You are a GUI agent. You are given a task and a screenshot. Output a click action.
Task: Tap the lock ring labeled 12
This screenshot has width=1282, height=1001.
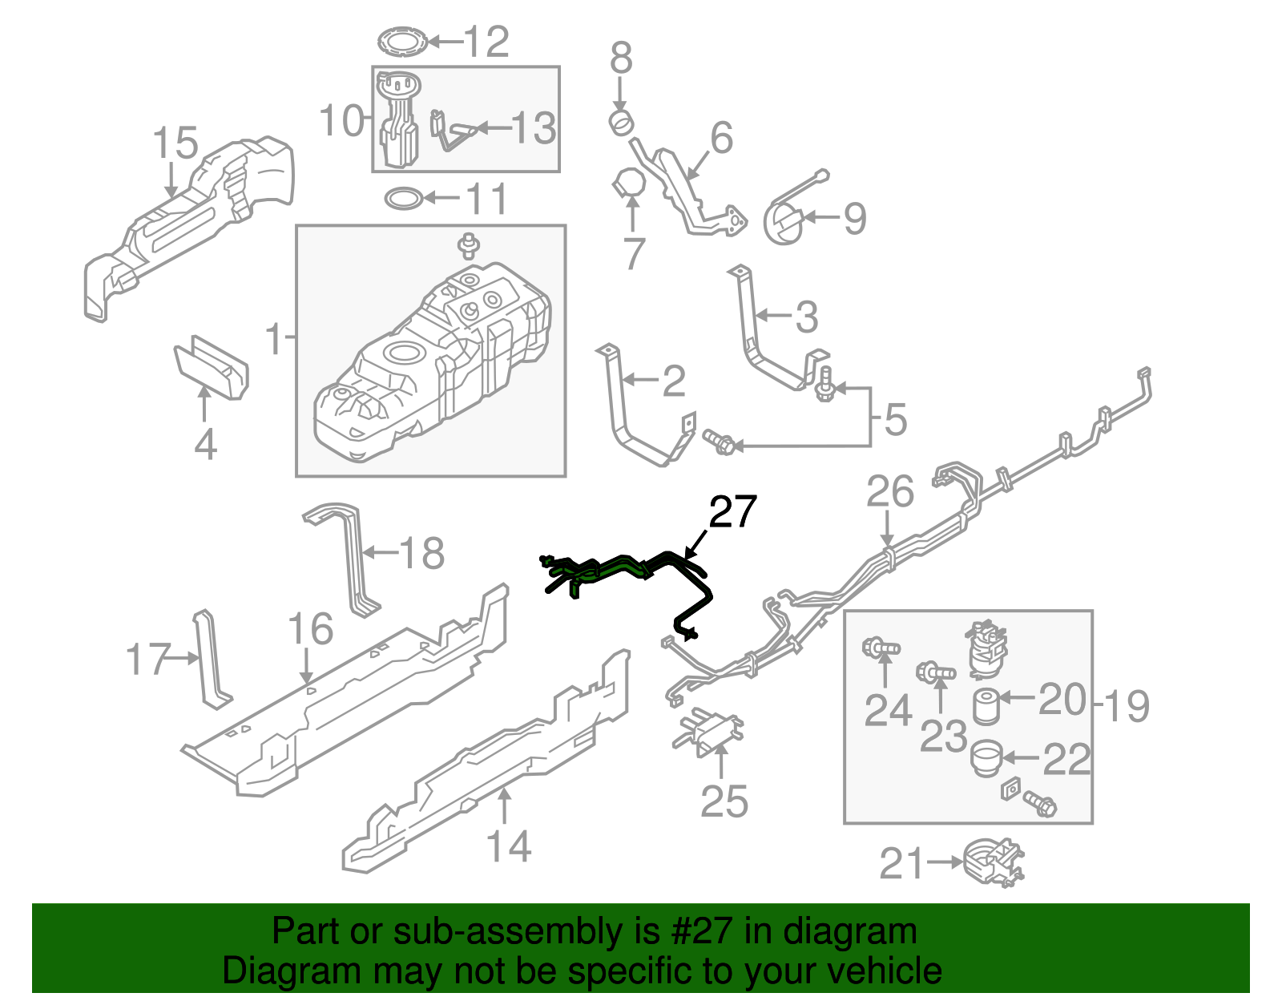point(401,42)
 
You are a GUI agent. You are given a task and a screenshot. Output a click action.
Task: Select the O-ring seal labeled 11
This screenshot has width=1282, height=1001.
point(403,198)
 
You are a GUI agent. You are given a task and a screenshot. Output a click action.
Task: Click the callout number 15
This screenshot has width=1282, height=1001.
point(175,143)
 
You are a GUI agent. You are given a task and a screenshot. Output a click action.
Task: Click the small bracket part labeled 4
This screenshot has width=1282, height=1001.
point(212,369)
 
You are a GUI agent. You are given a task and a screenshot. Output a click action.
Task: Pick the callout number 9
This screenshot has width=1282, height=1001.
point(854,218)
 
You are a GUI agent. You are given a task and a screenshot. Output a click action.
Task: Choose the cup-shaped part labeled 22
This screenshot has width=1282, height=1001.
point(986,758)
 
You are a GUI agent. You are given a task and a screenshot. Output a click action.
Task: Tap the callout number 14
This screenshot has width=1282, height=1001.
point(509,846)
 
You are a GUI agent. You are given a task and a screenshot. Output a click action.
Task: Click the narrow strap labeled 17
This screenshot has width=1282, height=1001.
point(210,660)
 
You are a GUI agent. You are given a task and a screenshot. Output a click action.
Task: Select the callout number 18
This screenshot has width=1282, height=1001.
point(421,552)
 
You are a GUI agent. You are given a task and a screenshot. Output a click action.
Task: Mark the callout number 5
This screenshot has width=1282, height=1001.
point(895,419)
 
